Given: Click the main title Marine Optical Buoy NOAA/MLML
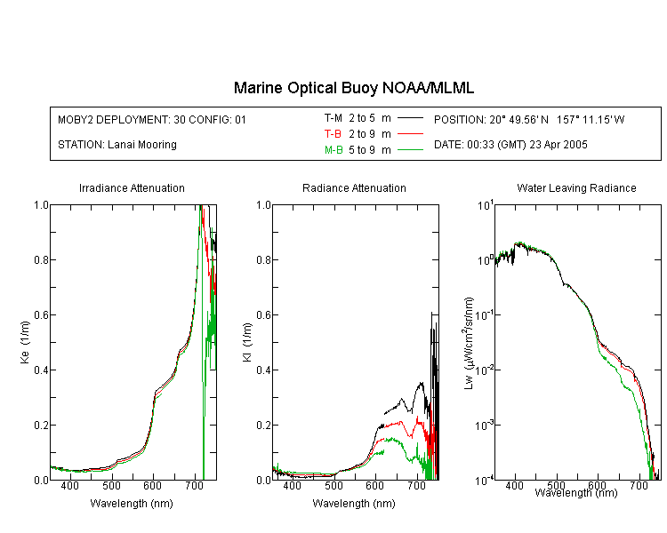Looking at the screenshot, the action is (x=353, y=88).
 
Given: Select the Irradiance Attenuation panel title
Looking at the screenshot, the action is (x=132, y=188).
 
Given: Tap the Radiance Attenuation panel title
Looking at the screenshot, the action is (x=354, y=188).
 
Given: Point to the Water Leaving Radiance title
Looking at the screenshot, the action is (x=576, y=188).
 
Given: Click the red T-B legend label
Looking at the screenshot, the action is (x=333, y=134).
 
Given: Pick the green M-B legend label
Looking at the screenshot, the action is (x=333, y=150).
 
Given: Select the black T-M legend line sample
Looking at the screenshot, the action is (x=410, y=118).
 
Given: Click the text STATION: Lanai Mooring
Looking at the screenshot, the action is (x=117, y=145).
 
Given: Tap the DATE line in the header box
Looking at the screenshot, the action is (x=510, y=145).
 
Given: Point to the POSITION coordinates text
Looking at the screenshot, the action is (x=529, y=120).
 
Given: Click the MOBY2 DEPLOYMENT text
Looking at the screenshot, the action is (x=152, y=120).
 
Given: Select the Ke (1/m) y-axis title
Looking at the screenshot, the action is (x=25, y=342).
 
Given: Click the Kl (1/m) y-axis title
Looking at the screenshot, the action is (x=247, y=342).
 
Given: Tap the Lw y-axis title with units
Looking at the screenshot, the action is (x=469, y=343).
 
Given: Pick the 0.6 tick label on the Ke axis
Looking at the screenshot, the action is (x=41, y=315).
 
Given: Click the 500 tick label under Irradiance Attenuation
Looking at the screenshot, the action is (x=111, y=485).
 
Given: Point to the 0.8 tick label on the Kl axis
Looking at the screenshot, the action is (x=264, y=260).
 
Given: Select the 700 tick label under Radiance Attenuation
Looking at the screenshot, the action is (x=416, y=485).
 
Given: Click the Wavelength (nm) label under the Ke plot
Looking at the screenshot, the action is (x=132, y=504).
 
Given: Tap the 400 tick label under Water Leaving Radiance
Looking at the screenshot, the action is (x=514, y=485).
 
